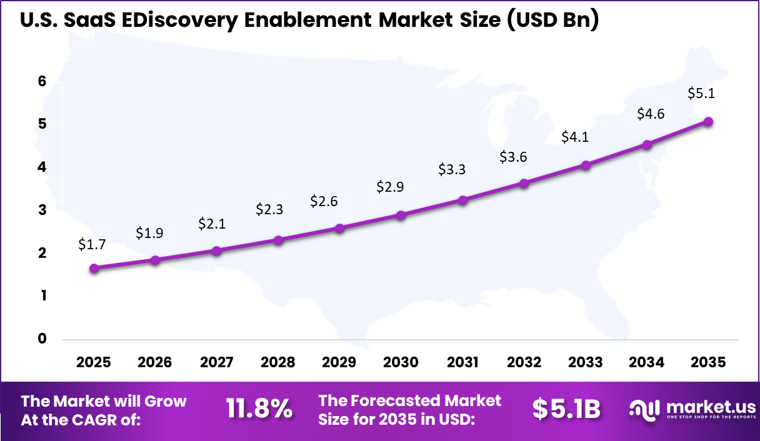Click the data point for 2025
[x=94, y=269]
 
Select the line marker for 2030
[x=401, y=216]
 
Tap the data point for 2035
[x=708, y=122]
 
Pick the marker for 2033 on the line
[x=586, y=166]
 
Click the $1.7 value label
[x=91, y=245]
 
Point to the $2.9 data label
[x=389, y=187]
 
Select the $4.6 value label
[x=651, y=114]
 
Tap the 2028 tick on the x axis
[x=278, y=363]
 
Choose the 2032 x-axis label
[x=524, y=363]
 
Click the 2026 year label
[x=155, y=363]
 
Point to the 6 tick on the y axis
[x=42, y=81]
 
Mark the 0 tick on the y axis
[x=42, y=339]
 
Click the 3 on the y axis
[x=42, y=210]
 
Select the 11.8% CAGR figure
[x=259, y=409]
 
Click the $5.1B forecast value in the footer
[x=566, y=409]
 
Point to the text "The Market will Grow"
[x=104, y=401]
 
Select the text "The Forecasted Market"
[x=409, y=400]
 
